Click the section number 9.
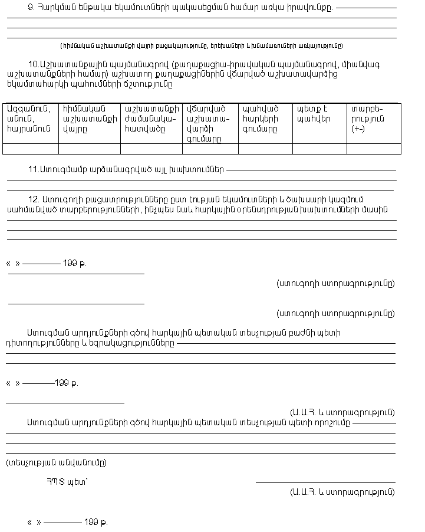point(31,7)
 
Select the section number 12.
point(34,199)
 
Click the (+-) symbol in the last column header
point(357,129)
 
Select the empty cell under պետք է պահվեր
point(319,149)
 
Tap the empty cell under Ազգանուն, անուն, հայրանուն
point(31,149)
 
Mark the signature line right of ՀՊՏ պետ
point(325,482)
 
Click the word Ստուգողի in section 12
point(57,199)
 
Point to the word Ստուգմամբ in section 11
point(61,169)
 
